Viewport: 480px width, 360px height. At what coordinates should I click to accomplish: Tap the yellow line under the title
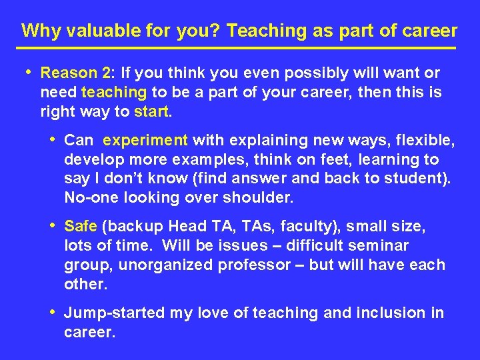[236, 49]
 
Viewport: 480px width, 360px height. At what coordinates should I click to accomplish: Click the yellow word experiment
[146, 140]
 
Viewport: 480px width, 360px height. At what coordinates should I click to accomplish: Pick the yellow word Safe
[81, 227]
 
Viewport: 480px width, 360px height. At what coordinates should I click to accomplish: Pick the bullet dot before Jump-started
[53, 311]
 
